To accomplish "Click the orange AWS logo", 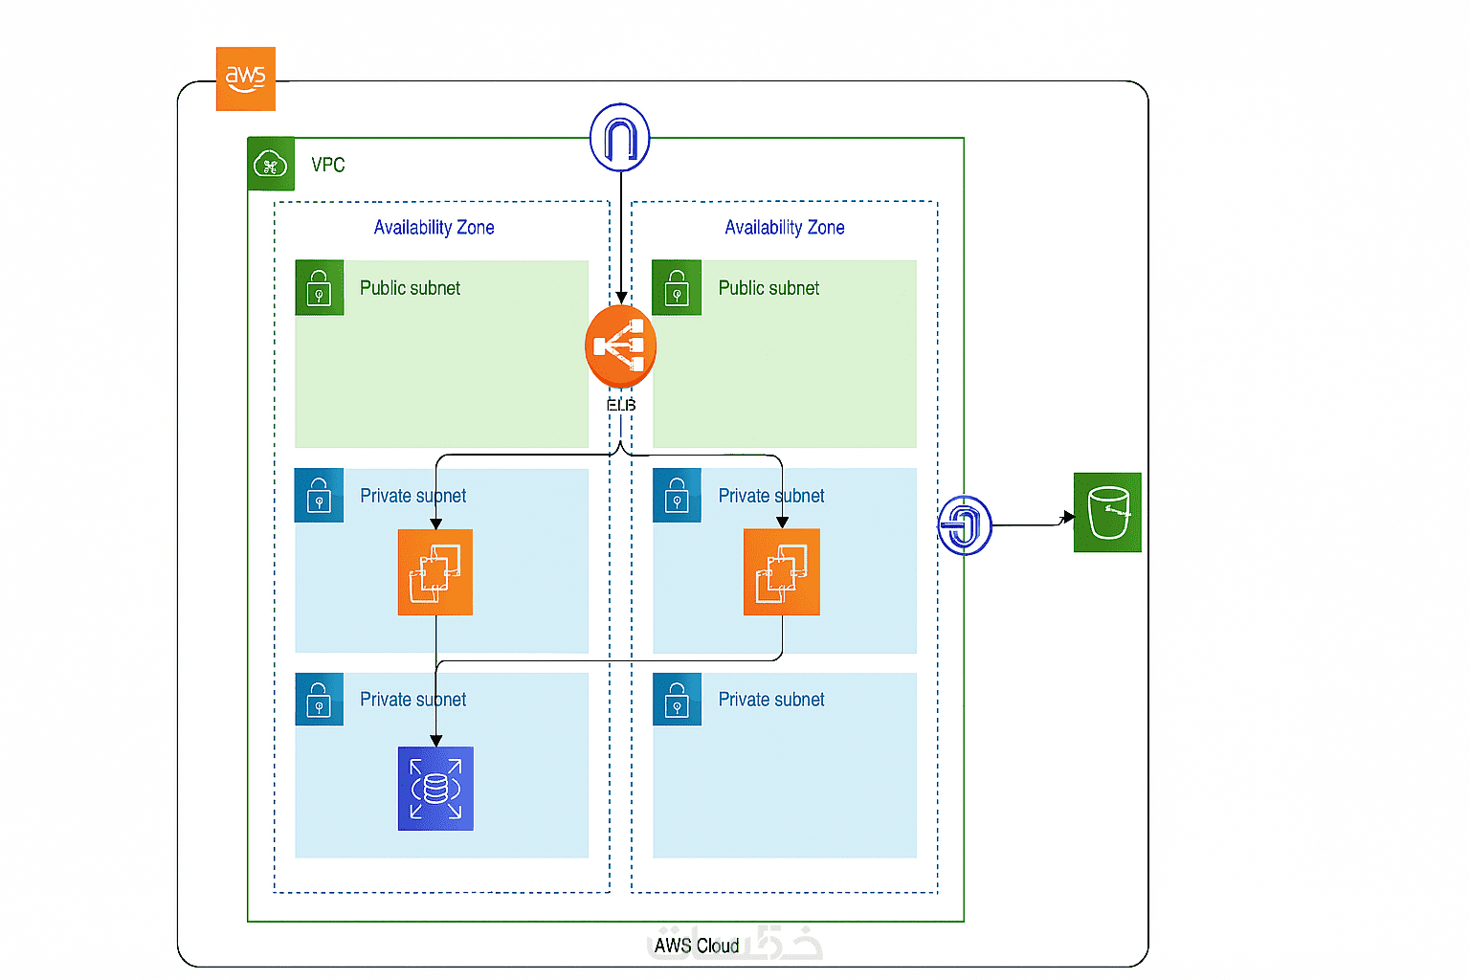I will [246, 78].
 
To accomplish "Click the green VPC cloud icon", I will [271, 165].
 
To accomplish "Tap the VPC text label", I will [328, 165].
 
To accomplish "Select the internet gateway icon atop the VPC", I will [620, 138].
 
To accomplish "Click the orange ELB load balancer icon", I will [620, 345].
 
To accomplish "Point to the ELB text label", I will [621, 405].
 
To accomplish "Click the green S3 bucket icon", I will [1107, 512].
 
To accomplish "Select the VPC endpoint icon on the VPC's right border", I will [964, 524].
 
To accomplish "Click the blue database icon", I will [435, 789].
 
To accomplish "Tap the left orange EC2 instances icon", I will [435, 572].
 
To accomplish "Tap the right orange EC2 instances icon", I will [782, 572].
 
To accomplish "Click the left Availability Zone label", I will [434, 228].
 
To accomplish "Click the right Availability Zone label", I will [785, 228].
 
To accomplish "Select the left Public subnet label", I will [410, 288].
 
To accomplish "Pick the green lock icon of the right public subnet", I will [677, 288].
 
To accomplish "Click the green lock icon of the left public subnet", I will [320, 288].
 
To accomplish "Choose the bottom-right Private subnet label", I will [771, 700].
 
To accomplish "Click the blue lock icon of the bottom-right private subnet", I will [677, 700].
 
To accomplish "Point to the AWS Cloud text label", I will [697, 946].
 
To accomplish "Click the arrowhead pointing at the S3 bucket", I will [1068, 518].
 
